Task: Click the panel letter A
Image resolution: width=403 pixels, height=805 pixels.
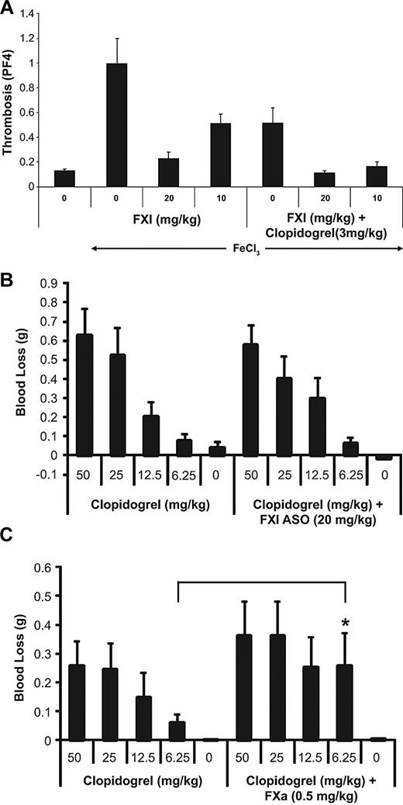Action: [8, 8]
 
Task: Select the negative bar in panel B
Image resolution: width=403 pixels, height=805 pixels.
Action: [381, 458]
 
